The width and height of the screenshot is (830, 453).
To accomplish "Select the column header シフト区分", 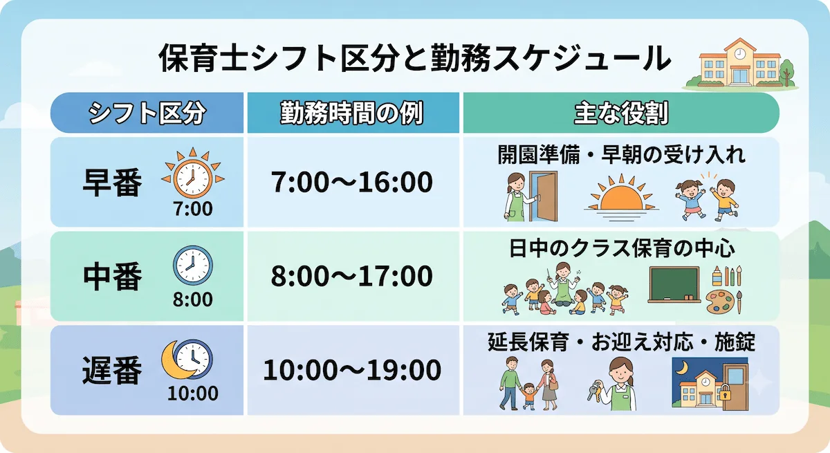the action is click(147, 113).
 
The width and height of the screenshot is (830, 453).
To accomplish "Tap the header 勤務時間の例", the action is click(351, 113).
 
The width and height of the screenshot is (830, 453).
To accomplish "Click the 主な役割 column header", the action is click(621, 113).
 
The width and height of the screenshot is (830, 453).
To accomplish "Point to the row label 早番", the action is click(112, 182).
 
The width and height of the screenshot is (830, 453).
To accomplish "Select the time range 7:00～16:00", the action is click(351, 182).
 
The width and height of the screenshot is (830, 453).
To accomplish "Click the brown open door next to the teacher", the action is click(543, 196).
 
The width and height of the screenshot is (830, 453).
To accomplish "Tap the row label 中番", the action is click(112, 277).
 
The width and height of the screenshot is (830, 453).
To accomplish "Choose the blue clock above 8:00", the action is click(193, 265).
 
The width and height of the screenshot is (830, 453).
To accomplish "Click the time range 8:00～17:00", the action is click(351, 276).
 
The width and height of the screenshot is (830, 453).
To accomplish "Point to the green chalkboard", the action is click(674, 284).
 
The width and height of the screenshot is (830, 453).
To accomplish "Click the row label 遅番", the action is click(112, 371).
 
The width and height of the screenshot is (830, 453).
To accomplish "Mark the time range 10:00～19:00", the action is click(352, 370).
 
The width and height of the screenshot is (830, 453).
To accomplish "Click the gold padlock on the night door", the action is click(724, 393).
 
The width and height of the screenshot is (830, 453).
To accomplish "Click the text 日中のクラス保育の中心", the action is click(621, 248).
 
